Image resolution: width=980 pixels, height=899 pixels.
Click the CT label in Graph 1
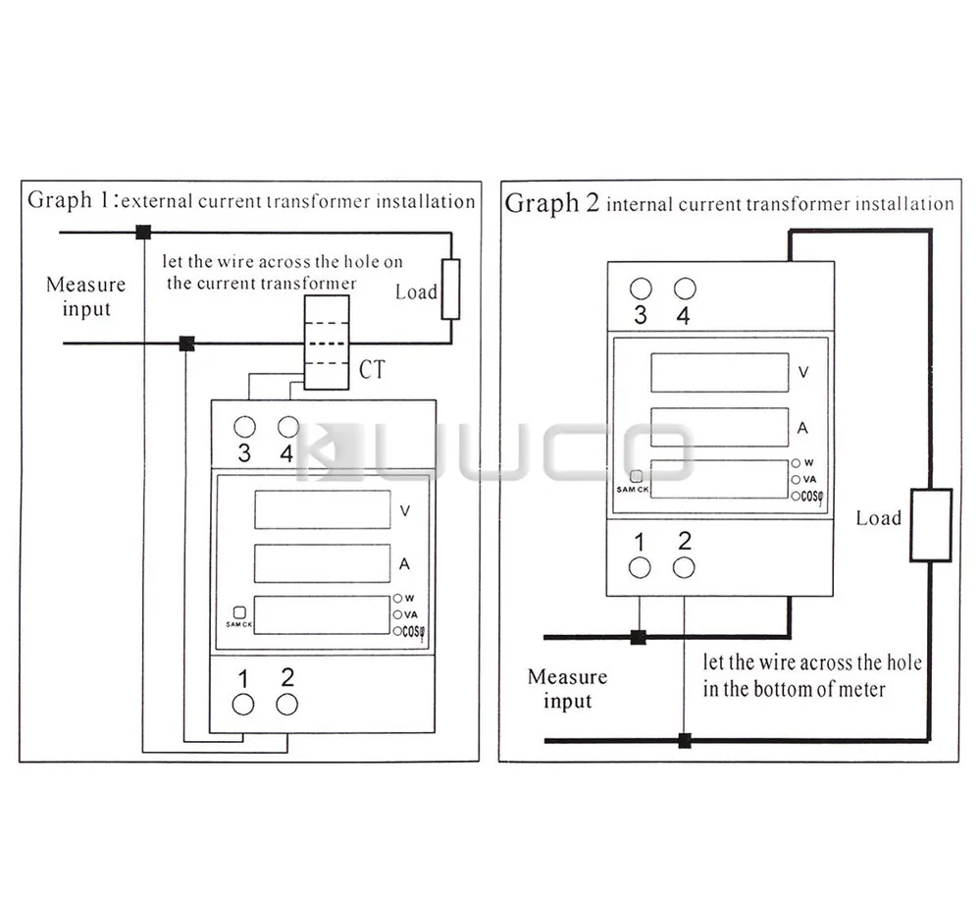point(373,370)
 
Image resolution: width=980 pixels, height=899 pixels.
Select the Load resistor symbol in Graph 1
point(450,290)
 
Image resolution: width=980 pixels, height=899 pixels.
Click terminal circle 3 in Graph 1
point(244,427)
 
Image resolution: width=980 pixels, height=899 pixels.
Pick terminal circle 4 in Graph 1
point(287,427)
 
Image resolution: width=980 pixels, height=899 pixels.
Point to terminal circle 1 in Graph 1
point(243,704)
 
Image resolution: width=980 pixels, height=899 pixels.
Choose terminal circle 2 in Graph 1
point(286,704)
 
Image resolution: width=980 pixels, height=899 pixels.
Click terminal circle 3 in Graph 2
point(640,289)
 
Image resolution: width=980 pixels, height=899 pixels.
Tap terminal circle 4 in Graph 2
point(684,289)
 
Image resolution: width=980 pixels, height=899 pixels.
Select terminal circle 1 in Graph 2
point(640,567)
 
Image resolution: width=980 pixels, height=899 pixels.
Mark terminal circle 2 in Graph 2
point(684,567)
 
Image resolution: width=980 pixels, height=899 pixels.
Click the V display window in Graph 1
point(323,509)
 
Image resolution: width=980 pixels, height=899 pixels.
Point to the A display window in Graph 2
point(720,427)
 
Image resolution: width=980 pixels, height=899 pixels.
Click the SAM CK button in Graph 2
point(637,475)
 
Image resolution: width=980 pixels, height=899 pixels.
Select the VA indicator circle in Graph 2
point(796,479)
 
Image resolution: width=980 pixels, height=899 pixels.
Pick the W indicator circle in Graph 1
point(398,597)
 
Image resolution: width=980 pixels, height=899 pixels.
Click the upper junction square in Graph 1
point(143,233)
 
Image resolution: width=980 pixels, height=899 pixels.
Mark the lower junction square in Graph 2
point(684,740)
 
